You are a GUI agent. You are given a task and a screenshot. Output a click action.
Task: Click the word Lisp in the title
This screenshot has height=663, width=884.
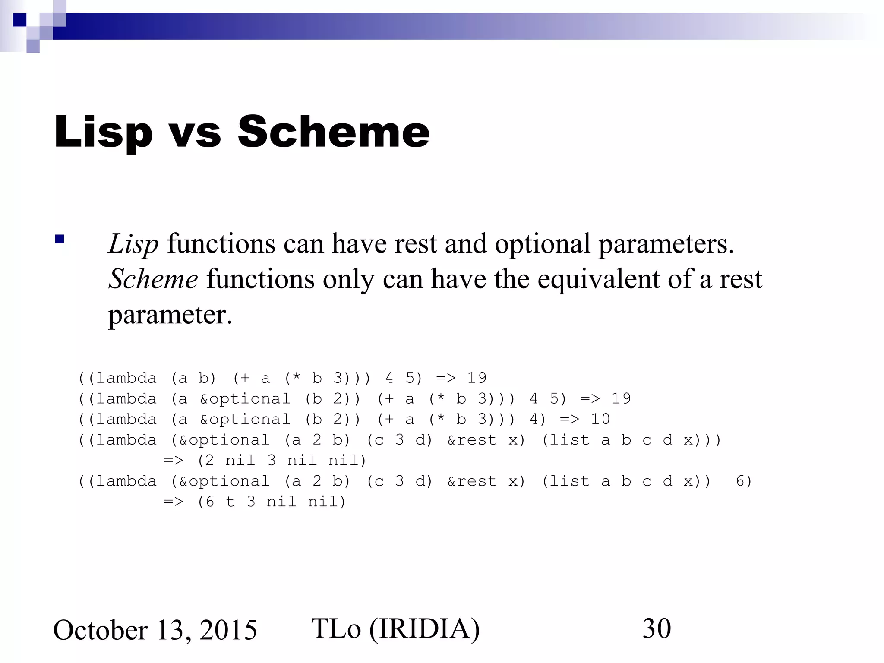click(x=103, y=132)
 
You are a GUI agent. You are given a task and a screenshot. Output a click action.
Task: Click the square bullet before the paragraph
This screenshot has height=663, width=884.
click(x=60, y=239)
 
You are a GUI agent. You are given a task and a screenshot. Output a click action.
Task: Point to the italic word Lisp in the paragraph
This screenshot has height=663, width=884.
click(x=133, y=244)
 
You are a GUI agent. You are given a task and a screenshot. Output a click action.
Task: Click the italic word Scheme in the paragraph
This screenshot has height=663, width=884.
click(x=153, y=279)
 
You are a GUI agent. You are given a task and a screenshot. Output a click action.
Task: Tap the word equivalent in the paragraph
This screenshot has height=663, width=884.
click(x=599, y=279)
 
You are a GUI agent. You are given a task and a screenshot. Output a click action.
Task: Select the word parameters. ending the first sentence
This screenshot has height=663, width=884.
click(x=666, y=244)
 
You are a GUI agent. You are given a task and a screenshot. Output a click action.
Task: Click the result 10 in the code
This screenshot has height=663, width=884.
click(x=600, y=419)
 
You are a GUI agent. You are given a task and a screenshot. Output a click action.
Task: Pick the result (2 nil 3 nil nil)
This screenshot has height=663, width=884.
click(x=281, y=461)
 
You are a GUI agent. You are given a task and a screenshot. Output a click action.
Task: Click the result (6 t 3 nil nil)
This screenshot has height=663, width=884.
click(x=272, y=502)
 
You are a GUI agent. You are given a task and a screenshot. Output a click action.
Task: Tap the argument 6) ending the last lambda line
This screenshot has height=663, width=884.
click(x=744, y=481)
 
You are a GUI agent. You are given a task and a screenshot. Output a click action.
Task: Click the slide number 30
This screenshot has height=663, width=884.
click(x=657, y=628)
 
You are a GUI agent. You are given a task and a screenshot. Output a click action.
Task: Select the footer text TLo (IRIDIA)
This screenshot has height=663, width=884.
click(x=395, y=628)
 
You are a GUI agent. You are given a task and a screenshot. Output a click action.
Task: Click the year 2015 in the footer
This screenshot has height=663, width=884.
click(x=228, y=630)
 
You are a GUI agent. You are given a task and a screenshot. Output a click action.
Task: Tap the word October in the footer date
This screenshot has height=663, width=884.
click(x=100, y=630)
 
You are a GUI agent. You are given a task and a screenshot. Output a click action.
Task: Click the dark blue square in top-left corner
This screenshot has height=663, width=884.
click(x=19, y=20)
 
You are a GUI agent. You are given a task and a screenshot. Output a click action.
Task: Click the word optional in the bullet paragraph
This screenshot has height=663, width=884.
click(x=542, y=244)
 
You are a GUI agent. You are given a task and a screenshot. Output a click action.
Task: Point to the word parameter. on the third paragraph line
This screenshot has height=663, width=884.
click(x=170, y=315)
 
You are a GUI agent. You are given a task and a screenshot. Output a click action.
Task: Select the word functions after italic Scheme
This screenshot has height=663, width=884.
click(x=260, y=279)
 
